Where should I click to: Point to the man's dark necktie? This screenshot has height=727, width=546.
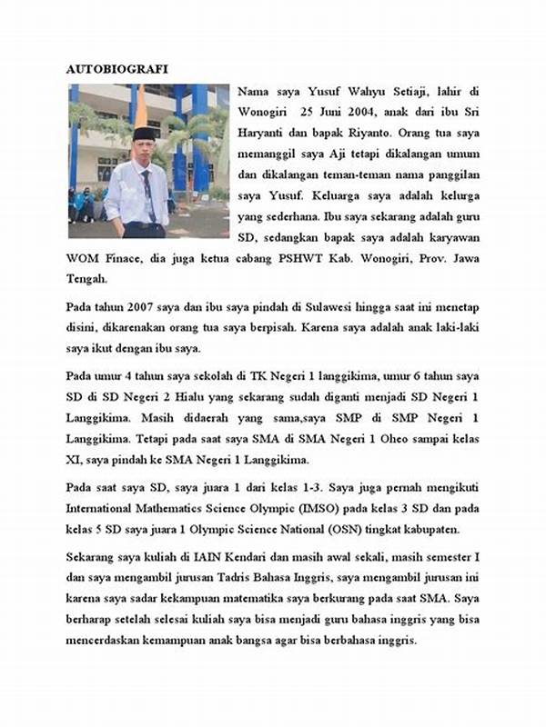(147, 193)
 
